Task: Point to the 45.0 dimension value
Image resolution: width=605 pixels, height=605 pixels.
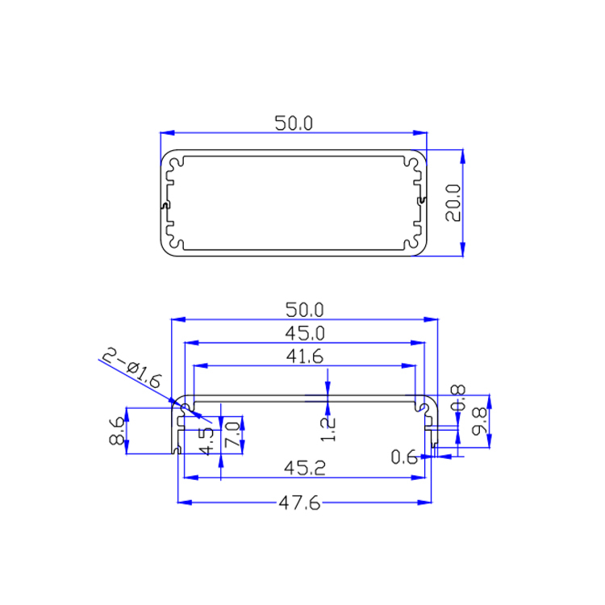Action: tap(304, 332)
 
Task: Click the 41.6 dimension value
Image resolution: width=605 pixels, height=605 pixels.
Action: tap(304, 356)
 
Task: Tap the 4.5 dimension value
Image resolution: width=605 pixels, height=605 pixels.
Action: tap(207, 441)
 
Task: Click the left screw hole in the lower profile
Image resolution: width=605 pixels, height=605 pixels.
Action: tap(186, 407)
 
